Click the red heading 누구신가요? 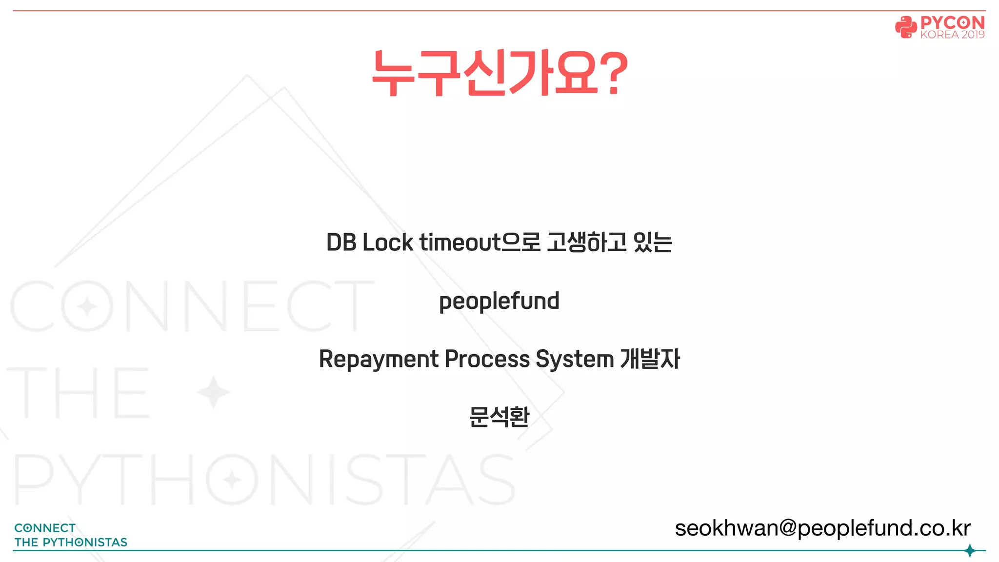pyautogui.click(x=499, y=73)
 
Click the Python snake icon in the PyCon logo pyautogui.click(x=905, y=27)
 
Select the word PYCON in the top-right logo pyautogui.click(x=952, y=22)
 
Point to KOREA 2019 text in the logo pyautogui.click(x=952, y=35)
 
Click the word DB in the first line pyautogui.click(x=341, y=242)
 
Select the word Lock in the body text pyautogui.click(x=388, y=242)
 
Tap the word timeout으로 pyautogui.click(x=480, y=242)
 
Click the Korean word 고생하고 pyautogui.click(x=587, y=242)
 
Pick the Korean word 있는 pyautogui.click(x=653, y=242)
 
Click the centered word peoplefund pyautogui.click(x=499, y=301)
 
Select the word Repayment pyautogui.click(x=379, y=360)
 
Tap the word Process pyautogui.click(x=487, y=360)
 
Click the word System pyautogui.click(x=575, y=360)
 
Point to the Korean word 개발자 pyautogui.click(x=650, y=360)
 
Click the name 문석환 pyautogui.click(x=499, y=417)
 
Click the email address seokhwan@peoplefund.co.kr pyautogui.click(x=822, y=528)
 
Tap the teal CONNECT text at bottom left pyautogui.click(x=45, y=528)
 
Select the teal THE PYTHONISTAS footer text pyautogui.click(x=71, y=542)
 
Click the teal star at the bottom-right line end pyautogui.click(x=970, y=551)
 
